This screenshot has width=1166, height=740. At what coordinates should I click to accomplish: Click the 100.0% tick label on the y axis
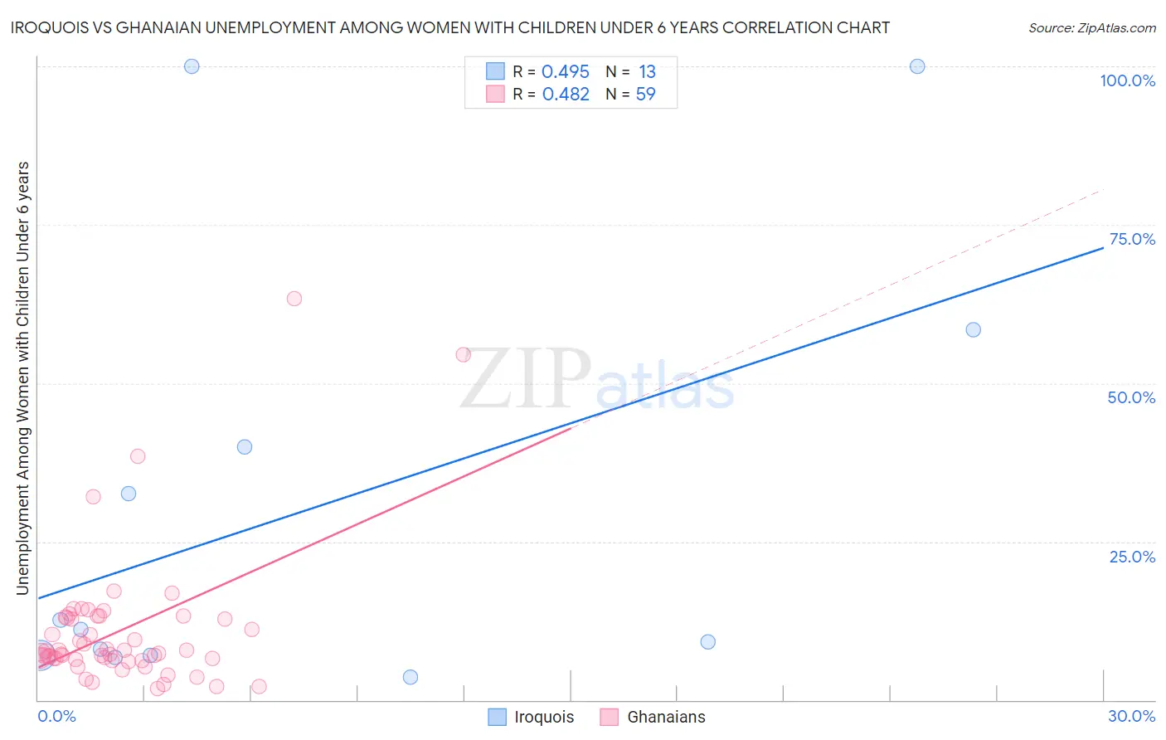pos(1127,80)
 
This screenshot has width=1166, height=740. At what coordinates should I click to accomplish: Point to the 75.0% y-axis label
pos(1132,239)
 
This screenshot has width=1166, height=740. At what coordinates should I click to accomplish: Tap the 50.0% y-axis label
pos(1131,397)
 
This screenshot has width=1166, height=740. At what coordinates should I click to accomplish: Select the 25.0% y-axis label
pos(1132,556)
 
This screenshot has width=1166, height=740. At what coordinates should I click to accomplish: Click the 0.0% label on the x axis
pos(56,716)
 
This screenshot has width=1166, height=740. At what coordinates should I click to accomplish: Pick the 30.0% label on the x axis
pos(1131,716)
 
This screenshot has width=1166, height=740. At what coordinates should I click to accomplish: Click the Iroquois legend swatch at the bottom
pos(497,717)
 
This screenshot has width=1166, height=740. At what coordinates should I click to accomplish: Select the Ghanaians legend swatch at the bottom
pos(610,717)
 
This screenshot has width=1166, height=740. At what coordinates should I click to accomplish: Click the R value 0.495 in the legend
pos(565,72)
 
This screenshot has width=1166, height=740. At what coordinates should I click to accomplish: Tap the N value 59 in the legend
pos(645,95)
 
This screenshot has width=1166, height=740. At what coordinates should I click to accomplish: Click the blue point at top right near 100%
pos(917,66)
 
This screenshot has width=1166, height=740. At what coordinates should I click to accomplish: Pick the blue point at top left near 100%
pos(192,66)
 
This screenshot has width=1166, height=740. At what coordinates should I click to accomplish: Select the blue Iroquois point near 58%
pos(974,329)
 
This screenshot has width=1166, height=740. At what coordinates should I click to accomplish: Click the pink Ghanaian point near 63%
pos(294,299)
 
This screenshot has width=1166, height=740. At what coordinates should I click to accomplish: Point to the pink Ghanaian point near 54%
pos(464,354)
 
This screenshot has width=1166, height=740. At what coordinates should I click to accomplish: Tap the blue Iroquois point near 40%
pos(245,446)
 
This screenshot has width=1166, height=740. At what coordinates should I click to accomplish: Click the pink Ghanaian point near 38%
pos(138,456)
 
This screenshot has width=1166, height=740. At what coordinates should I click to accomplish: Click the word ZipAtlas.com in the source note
pos(1120,28)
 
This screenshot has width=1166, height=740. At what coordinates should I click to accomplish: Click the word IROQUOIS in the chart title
pos(49,27)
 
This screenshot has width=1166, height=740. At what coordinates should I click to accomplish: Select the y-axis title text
pos(23,377)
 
